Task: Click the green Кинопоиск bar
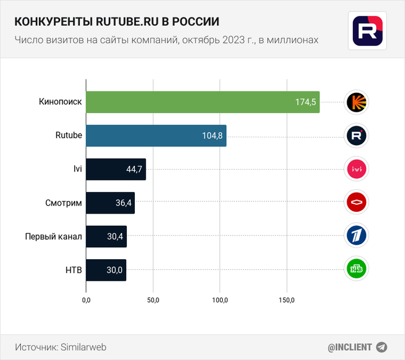click(x=203, y=102)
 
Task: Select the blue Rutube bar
click(x=156, y=135)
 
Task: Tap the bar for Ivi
click(x=116, y=169)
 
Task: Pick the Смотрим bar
click(x=110, y=203)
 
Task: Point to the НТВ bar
click(x=106, y=270)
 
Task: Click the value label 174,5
click(x=305, y=102)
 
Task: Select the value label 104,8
click(x=212, y=136)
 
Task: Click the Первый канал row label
click(x=54, y=236)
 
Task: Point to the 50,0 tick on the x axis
click(x=153, y=300)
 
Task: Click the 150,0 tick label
click(x=287, y=300)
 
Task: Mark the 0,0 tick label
click(x=86, y=300)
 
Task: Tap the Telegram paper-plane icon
click(x=381, y=347)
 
